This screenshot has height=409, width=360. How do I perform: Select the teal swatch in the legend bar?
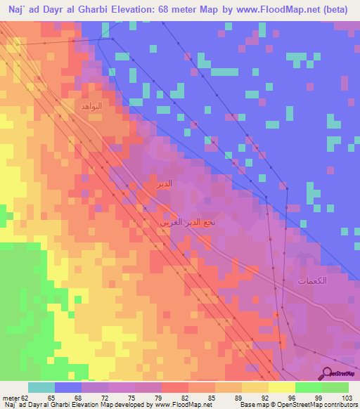point(41,387)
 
